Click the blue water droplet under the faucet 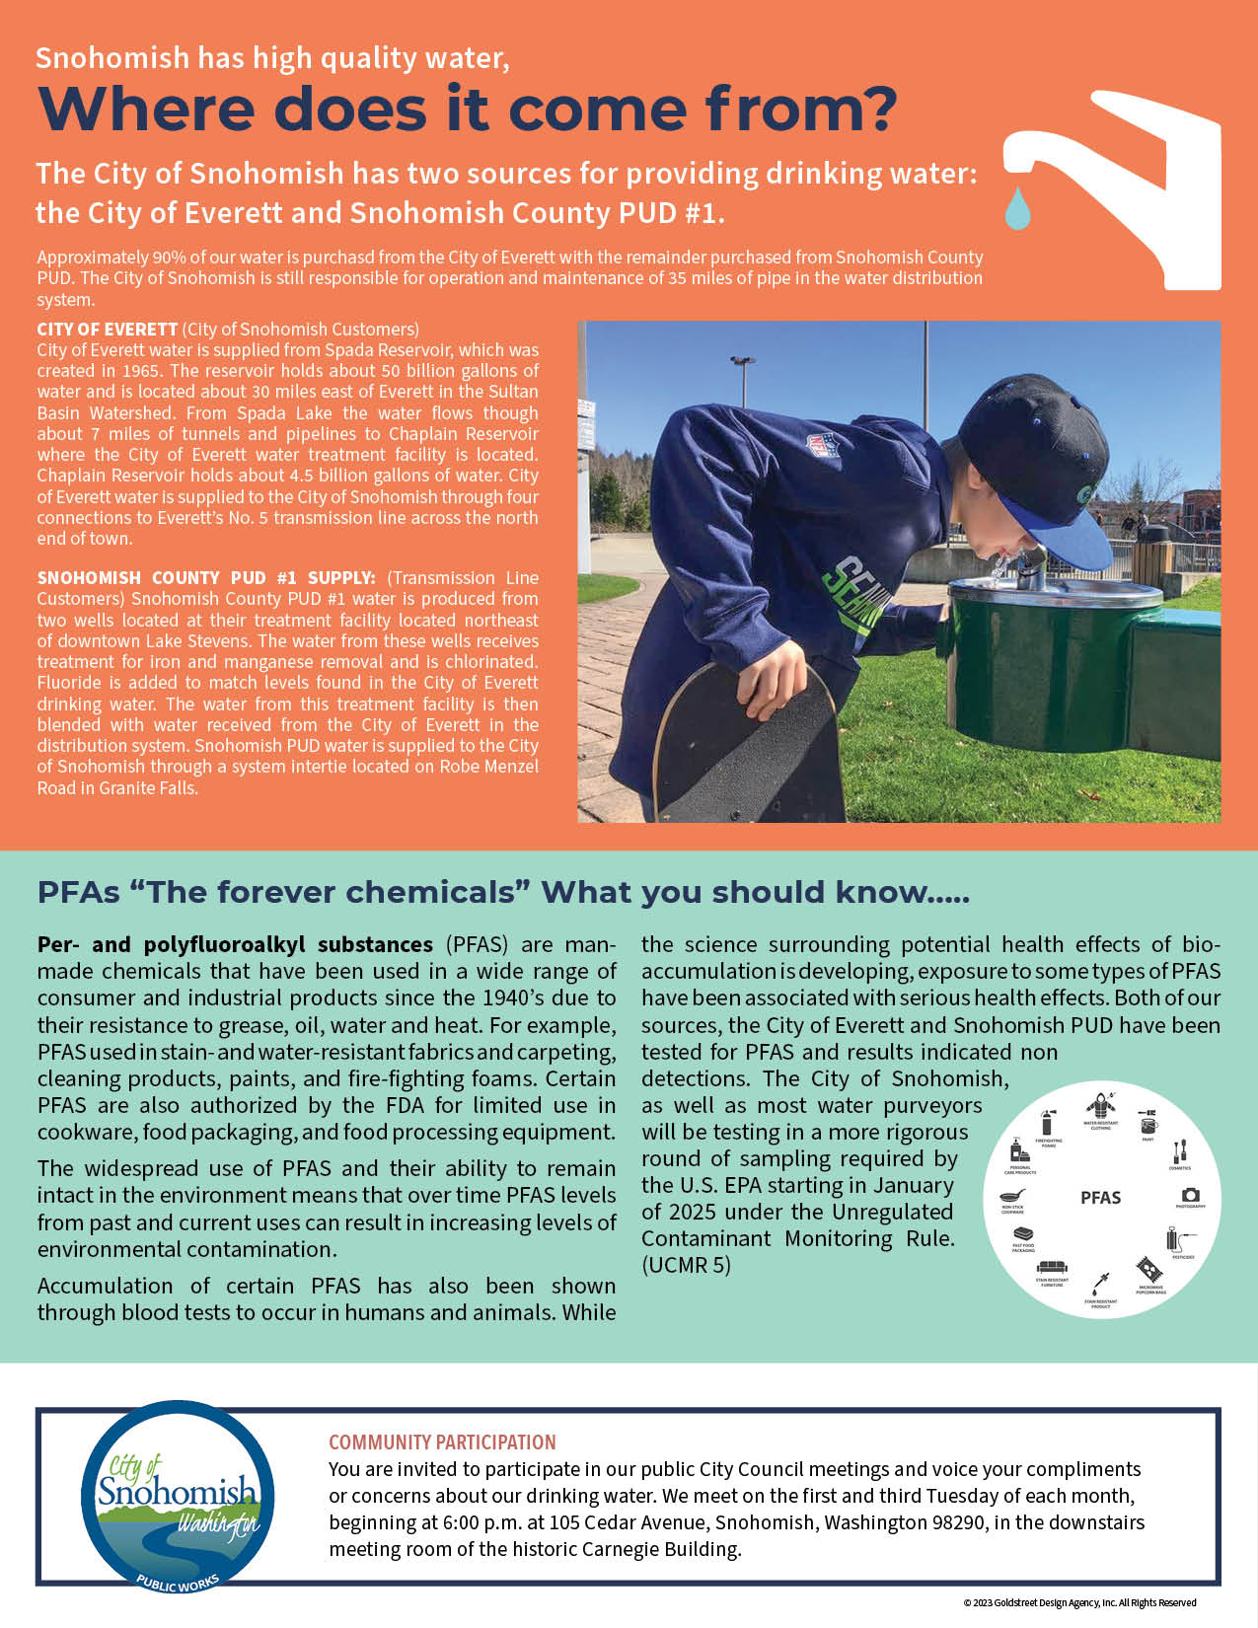(x=1017, y=208)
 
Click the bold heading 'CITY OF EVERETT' (x=107, y=330)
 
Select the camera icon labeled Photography (x=1190, y=1195)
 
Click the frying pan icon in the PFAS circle (x=1012, y=1195)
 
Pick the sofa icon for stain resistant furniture (x=1052, y=1268)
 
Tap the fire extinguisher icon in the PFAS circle (x=1048, y=1123)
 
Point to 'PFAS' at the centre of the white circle (x=1100, y=1198)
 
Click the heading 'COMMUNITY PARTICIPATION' (x=442, y=1443)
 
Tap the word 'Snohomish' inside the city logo (x=177, y=1491)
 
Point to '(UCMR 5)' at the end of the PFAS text (x=686, y=1265)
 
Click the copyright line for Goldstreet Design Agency (x=1079, y=1603)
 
